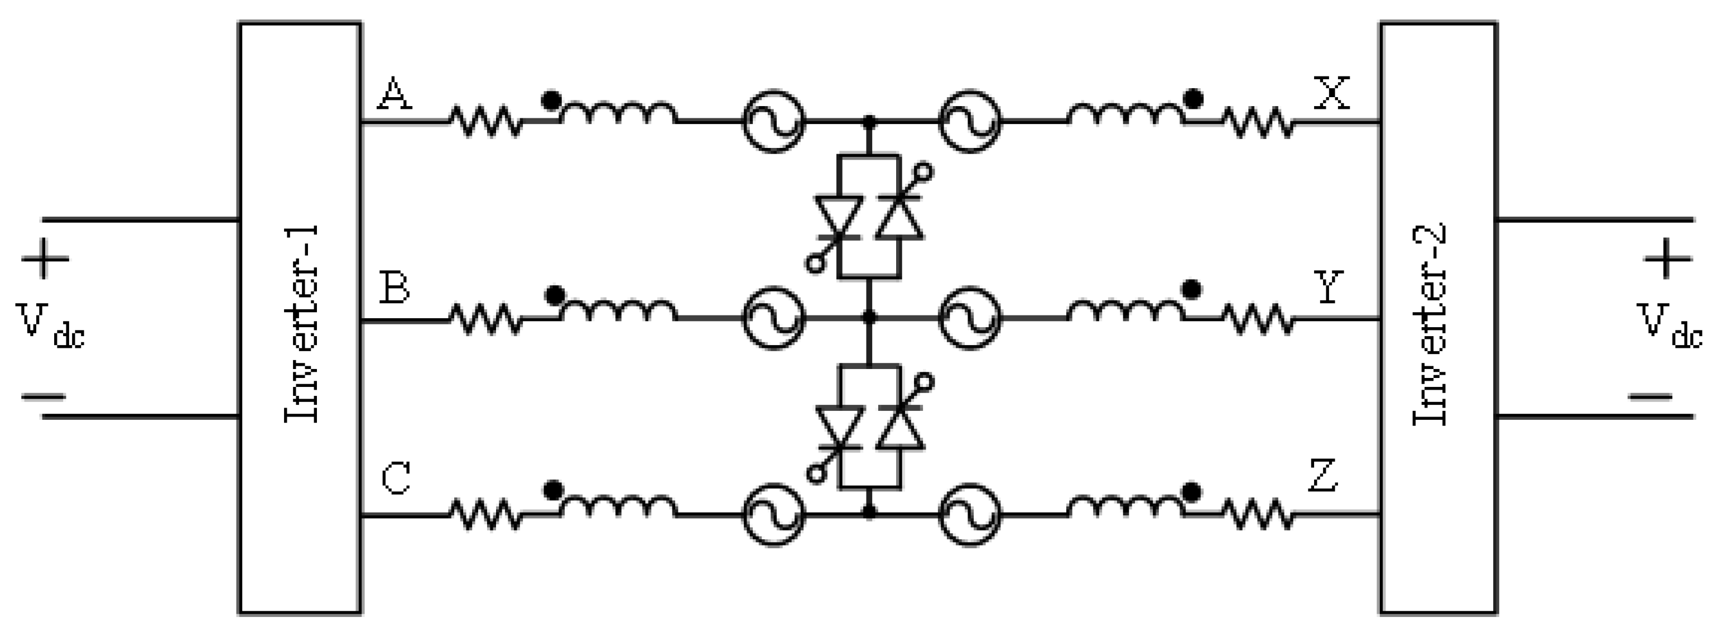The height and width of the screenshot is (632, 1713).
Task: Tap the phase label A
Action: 395,93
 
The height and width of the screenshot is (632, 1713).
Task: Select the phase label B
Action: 394,288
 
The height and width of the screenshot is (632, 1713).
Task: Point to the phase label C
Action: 396,479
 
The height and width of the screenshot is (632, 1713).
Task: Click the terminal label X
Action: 1332,93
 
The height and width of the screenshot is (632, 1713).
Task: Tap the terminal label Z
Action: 1324,476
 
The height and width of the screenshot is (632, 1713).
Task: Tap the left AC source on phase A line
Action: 773,121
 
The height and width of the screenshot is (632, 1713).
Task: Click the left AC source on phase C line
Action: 773,514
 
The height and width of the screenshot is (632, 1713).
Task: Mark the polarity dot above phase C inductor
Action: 552,490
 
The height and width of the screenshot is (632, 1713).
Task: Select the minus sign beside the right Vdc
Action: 1651,397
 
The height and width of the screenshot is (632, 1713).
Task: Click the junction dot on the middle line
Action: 868,317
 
